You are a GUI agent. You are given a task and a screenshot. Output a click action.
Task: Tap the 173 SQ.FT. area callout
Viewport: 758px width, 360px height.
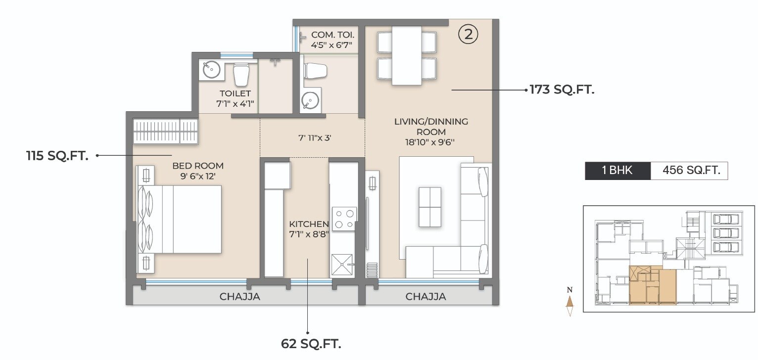tap(562, 90)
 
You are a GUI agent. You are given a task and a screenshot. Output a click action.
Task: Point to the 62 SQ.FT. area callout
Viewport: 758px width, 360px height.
tap(311, 343)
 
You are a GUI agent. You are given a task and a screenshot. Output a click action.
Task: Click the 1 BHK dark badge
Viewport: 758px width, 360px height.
tap(617, 171)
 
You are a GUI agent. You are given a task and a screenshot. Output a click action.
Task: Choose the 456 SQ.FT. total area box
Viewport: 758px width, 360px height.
tap(688, 171)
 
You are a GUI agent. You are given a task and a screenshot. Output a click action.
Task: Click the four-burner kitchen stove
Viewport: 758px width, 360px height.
tap(344, 219)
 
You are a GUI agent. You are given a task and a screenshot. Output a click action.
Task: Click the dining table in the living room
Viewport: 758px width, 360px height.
tap(407, 55)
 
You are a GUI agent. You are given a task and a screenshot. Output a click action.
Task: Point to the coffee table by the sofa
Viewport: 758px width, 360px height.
tap(429, 207)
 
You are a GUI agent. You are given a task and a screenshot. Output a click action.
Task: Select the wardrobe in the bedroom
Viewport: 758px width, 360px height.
tap(165, 131)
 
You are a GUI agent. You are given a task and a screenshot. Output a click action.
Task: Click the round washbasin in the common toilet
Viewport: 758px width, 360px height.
tap(309, 100)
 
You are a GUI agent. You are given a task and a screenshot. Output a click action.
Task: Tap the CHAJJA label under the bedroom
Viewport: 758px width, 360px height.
tap(239, 297)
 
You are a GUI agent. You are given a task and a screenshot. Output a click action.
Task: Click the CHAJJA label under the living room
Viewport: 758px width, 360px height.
tap(426, 297)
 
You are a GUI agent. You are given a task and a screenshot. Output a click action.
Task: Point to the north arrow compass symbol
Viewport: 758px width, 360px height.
tap(570, 303)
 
